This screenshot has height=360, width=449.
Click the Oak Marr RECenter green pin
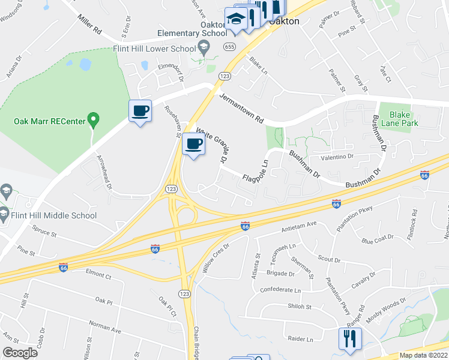pyautogui.click(x=93, y=120)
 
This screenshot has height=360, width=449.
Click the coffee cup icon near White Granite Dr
pyautogui.click(x=194, y=144)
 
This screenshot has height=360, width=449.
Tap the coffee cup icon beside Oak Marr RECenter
pyautogui.click(x=140, y=111)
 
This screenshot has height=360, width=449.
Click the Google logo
pyautogui.click(x=20, y=353)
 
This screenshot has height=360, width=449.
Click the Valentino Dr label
pyautogui.click(x=337, y=156)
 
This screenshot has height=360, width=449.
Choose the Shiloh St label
pyautogui.click(x=300, y=307)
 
